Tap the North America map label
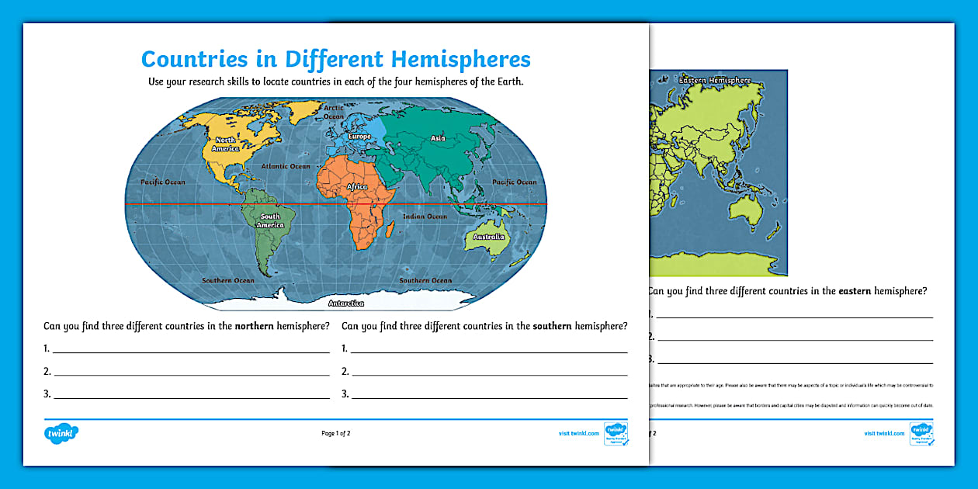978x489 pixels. click(x=226, y=144)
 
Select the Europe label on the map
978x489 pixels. click(x=359, y=137)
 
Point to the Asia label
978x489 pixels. click(x=438, y=138)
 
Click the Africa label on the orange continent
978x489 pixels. click(x=356, y=187)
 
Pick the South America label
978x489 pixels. click(x=270, y=221)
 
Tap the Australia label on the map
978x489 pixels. click(x=489, y=237)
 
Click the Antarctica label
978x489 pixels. click(x=346, y=303)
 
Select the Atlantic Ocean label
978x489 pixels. click(x=286, y=166)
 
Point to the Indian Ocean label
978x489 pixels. click(x=425, y=217)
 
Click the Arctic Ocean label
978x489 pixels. click(x=334, y=112)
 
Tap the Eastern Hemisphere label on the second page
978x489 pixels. click(x=715, y=80)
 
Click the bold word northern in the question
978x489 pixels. click(x=255, y=326)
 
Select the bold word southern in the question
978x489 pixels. click(x=552, y=326)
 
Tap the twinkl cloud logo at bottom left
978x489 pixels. click(x=62, y=433)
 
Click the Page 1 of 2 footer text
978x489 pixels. click(x=341, y=433)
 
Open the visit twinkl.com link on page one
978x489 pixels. click(x=578, y=433)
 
